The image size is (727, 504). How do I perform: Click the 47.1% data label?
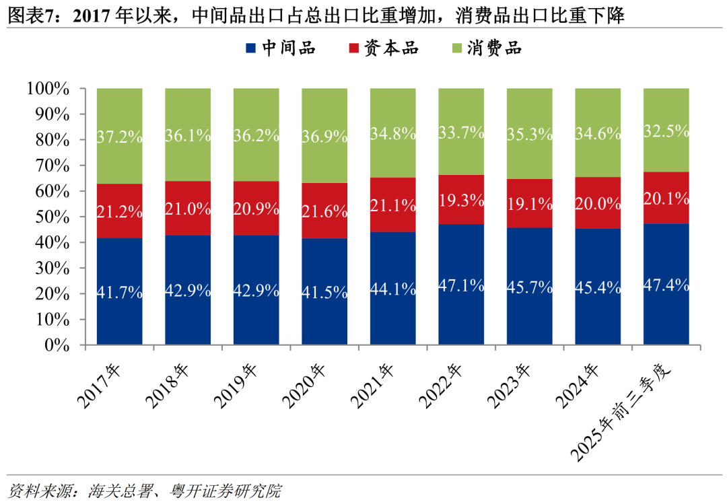coord(461,285)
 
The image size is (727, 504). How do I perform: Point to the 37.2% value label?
coord(120,137)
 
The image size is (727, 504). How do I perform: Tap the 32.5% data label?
coord(666,131)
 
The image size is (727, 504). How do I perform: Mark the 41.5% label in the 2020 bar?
coord(324,293)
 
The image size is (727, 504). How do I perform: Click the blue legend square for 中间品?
coord(250,48)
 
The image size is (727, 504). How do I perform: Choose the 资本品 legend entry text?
coord(391,48)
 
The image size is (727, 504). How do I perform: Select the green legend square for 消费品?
coord(456,48)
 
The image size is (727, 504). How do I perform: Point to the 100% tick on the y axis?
coord(48,88)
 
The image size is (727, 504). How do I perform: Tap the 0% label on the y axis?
coord(57,345)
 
